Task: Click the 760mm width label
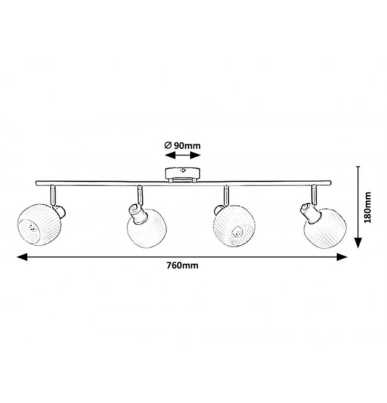182,265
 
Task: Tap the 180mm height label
368,207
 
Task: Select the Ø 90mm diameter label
182,145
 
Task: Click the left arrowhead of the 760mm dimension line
22,257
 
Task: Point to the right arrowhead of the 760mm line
342,257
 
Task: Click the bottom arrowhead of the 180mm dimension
358,243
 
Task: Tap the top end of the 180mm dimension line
358,167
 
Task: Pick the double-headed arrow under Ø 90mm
183,155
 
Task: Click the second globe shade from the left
147,230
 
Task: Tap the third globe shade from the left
234,226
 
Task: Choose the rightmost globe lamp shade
325,228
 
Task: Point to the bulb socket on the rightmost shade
310,213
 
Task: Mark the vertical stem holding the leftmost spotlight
53,195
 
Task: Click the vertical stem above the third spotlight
226,196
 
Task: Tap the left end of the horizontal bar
36,183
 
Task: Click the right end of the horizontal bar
330,183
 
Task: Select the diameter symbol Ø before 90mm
168,145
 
